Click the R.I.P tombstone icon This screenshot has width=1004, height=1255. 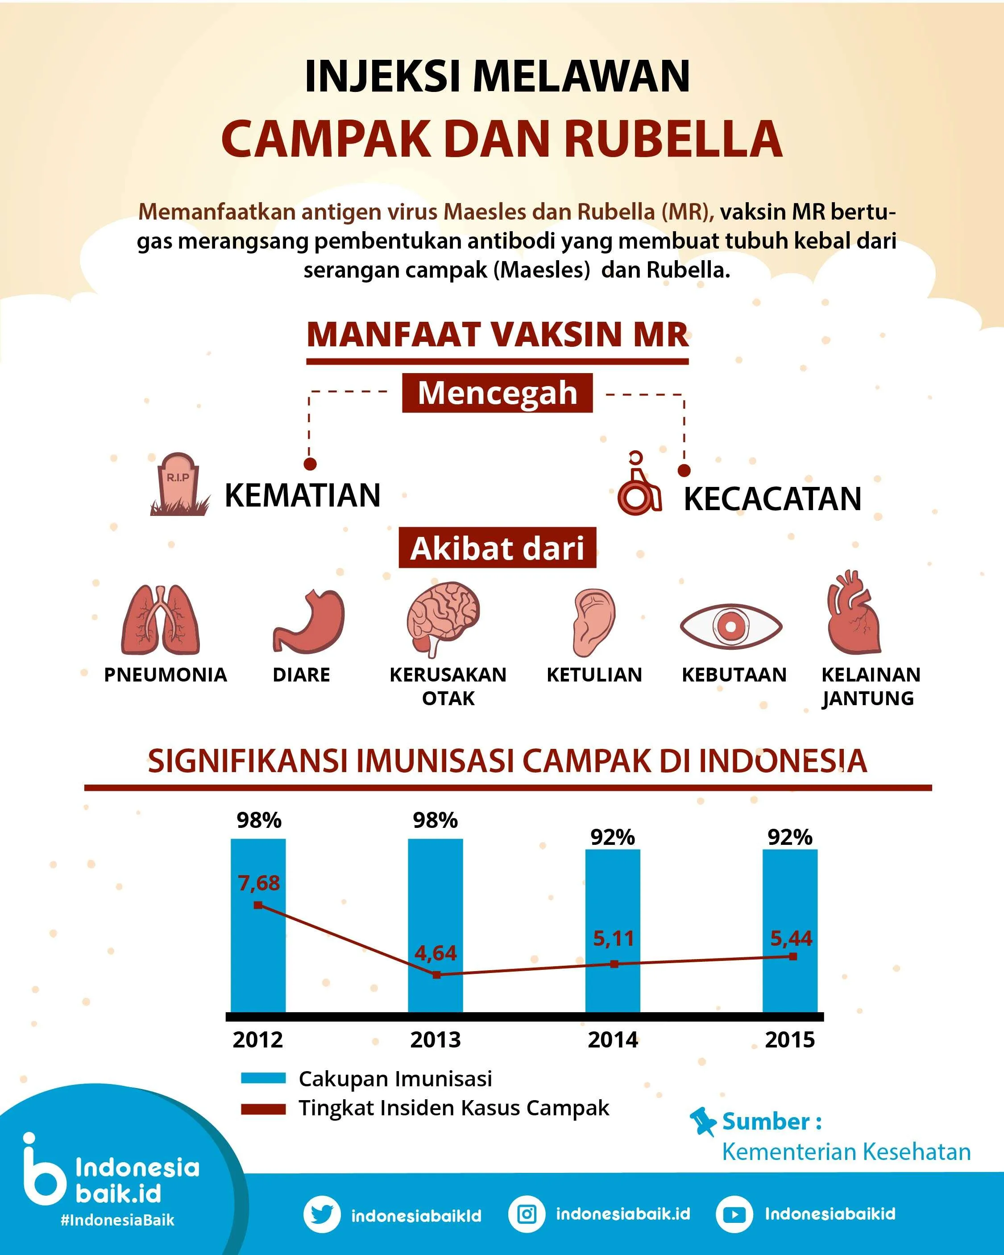coord(178,484)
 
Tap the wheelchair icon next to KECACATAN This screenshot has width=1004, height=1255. coord(639,484)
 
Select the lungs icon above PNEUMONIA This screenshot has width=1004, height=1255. coord(160,619)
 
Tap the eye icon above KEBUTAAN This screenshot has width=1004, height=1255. coord(730,626)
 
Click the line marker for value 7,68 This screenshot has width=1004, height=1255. coord(258,905)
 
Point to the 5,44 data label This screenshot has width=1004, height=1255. coord(791,938)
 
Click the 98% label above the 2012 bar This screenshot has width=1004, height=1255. coord(258,820)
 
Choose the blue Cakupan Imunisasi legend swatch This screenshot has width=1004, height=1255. coord(263,1078)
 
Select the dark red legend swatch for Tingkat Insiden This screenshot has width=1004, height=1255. coord(263,1109)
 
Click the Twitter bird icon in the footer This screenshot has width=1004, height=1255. coord(321,1214)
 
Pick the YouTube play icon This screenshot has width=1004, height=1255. coord(734,1215)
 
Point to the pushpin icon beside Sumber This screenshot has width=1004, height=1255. coord(702,1121)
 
